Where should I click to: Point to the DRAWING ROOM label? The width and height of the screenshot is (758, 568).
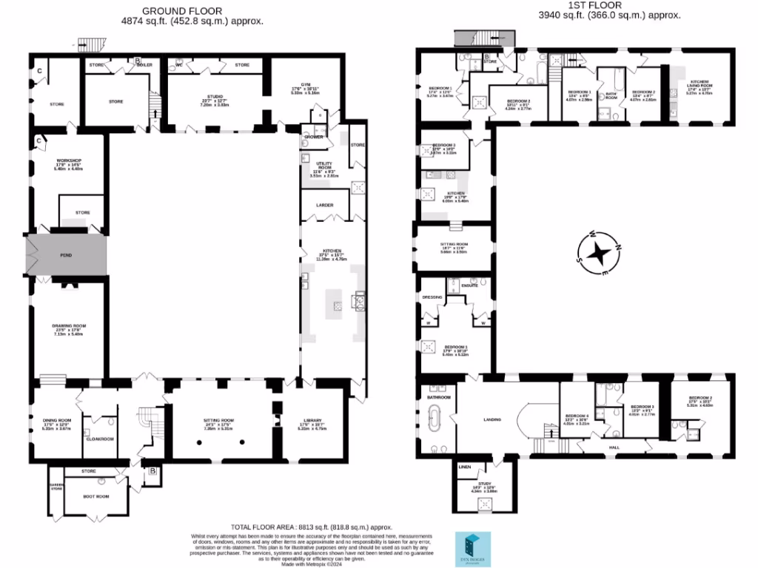coord(69,326)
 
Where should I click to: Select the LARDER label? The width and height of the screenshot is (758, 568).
coord(325,205)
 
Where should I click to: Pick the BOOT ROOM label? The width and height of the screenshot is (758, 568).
coord(96,496)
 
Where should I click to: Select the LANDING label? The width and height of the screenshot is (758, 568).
coord(492,419)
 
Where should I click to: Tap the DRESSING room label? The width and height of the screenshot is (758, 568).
coord(432,297)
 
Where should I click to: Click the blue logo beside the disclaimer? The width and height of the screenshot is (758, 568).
coord(470,549)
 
